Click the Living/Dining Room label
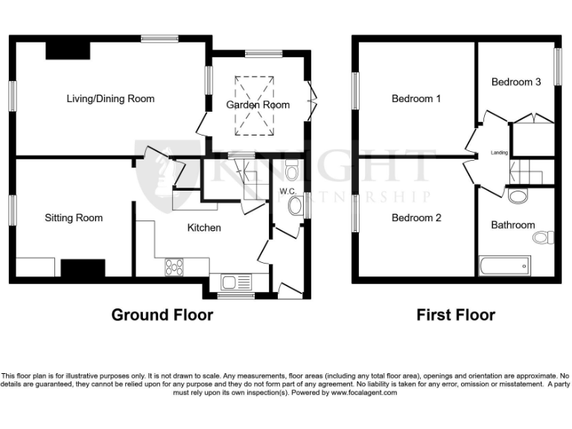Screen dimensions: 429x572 tap(110, 98)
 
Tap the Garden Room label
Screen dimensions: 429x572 tap(258, 105)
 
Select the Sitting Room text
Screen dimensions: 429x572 tap(74, 217)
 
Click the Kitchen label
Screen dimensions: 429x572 tap(203, 227)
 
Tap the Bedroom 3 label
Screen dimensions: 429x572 tap(516, 82)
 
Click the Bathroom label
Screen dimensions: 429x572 tap(512, 224)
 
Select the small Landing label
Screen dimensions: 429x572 tap(499, 153)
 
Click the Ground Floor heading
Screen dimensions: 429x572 tap(162, 315)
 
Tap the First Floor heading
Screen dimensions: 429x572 tap(455, 315)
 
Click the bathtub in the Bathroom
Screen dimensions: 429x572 tap(504, 264)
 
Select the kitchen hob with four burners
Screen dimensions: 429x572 tap(175, 266)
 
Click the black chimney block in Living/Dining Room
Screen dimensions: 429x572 tap(68, 49)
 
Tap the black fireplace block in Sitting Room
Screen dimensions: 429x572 tap(83, 268)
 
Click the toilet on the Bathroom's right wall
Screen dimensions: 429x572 tap(544, 238)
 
